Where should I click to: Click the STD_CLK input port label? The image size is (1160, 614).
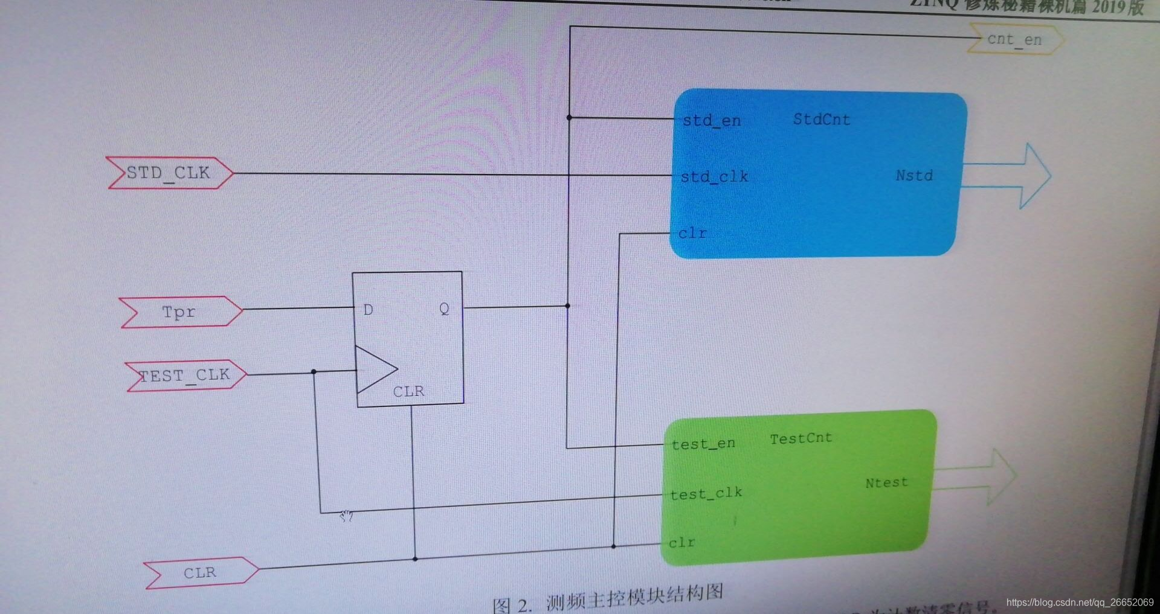pyautogui.click(x=169, y=173)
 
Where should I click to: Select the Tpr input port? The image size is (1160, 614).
pyautogui.click(x=179, y=312)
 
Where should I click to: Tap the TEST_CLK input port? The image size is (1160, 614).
pyautogui.click(x=185, y=376)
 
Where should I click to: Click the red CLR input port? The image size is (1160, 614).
pyautogui.click(x=200, y=572)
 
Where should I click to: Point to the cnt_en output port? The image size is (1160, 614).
pyautogui.click(x=1014, y=40)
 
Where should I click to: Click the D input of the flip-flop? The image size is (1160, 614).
pyautogui.click(x=368, y=310)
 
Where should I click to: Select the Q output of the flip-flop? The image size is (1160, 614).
pyautogui.click(x=444, y=309)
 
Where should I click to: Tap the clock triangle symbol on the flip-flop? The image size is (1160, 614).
pyautogui.click(x=375, y=369)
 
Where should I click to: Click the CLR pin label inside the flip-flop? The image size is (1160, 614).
pyautogui.click(x=408, y=392)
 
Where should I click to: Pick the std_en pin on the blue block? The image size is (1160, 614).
pyautogui.click(x=711, y=121)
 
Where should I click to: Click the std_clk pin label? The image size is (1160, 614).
pyautogui.click(x=714, y=177)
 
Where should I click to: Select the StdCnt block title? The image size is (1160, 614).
pyautogui.click(x=821, y=120)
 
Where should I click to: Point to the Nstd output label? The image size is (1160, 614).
pyautogui.click(x=914, y=176)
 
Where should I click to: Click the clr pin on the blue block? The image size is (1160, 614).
pyautogui.click(x=692, y=233)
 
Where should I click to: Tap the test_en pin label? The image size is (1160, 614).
pyautogui.click(x=703, y=444)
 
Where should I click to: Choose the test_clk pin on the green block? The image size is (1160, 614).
pyautogui.click(x=706, y=494)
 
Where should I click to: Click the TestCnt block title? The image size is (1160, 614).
pyautogui.click(x=801, y=439)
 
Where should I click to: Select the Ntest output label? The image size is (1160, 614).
pyautogui.click(x=886, y=483)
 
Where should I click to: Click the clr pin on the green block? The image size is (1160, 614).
pyautogui.click(x=681, y=543)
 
